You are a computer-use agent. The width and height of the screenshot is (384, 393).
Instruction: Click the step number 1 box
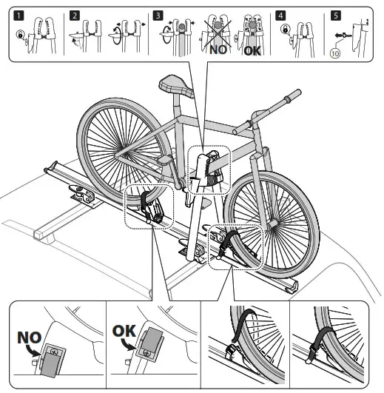click(14, 14)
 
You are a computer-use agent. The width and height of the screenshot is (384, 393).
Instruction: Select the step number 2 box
click(75, 14)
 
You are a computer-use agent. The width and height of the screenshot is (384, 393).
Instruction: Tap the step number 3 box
click(158, 14)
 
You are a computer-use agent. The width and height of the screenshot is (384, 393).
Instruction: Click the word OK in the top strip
click(252, 52)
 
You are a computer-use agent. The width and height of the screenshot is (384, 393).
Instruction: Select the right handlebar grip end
click(297, 93)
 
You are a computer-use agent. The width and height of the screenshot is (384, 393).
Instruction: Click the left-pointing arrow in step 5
click(341, 35)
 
